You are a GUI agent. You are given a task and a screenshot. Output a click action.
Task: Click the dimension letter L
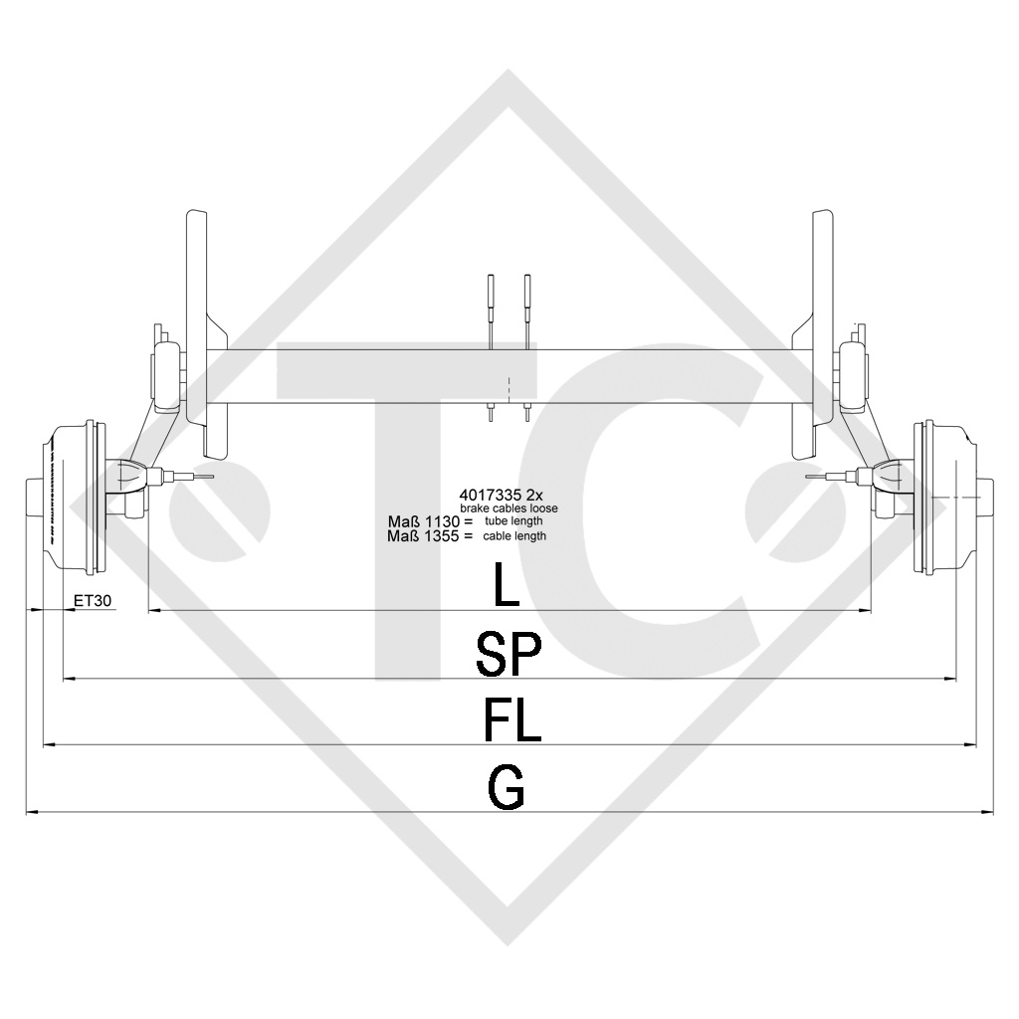[507, 585]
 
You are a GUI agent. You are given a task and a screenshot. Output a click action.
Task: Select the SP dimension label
[509, 654]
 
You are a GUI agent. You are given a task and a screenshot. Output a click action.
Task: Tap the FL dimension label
[511, 719]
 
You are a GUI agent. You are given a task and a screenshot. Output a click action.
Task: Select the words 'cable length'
[514, 535]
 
